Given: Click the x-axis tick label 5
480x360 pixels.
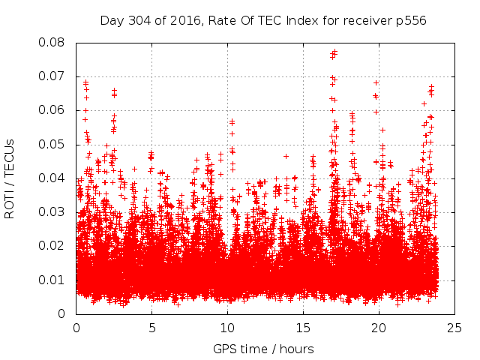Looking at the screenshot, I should pos(151,328).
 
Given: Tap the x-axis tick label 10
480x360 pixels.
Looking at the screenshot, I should pos(227,328).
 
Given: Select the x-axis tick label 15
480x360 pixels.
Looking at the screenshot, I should pos(303,328).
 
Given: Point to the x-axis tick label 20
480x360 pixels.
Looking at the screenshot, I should pos(379,328).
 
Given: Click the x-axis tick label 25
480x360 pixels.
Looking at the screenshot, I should pos(454,328).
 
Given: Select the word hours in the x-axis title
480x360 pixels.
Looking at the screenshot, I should pos(296,349).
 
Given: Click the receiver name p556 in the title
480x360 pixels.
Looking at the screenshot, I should pos(411,20).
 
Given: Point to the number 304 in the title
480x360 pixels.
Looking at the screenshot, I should pos(139,20).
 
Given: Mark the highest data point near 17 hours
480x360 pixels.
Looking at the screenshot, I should pos(334,52).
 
